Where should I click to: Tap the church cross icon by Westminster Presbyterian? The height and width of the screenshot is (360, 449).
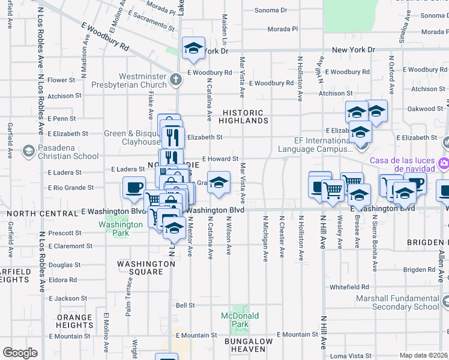pyautogui.click(x=175, y=79)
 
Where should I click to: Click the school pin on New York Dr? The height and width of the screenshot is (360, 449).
pyautogui.click(x=193, y=49)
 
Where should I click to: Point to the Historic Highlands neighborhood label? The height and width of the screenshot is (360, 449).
pyautogui.click(x=243, y=116)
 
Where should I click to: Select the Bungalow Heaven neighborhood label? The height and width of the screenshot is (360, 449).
pyautogui.click(x=249, y=345)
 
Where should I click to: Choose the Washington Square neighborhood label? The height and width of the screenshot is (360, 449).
pyautogui.click(x=145, y=268)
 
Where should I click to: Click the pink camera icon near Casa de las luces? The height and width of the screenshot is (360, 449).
pyautogui.click(x=444, y=162)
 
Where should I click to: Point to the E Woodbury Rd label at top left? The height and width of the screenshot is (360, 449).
pyautogui.click(x=105, y=35)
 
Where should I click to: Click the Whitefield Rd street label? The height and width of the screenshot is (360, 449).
pyautogui.click(x=349, y=287)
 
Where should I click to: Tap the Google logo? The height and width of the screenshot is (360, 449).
pyautogui.click(x=20, y=353)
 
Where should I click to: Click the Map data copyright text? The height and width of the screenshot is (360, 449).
pyautogui.click(x=423, y=355)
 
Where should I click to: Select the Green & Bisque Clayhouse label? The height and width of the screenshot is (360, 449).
pyautogui.click(x=132, y=137)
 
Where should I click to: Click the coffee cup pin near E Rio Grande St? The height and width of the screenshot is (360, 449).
pyautogui.click(x=133, y=187)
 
